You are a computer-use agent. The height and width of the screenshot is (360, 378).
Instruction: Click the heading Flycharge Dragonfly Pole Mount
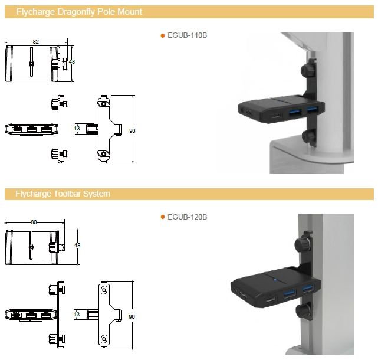[79, 12]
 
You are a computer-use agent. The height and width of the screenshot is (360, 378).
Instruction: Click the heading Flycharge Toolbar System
[63, 194]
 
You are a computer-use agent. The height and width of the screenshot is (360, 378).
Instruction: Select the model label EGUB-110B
[187, 35]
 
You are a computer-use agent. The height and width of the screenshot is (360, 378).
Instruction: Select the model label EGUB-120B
[187, 217]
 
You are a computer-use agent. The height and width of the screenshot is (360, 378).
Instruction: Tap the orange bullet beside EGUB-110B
[163, 36]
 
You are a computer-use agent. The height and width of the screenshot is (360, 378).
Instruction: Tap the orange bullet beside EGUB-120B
[163, 217]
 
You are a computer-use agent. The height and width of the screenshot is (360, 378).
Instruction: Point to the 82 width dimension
[36, 42]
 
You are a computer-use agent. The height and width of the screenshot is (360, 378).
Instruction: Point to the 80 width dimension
[34, 222]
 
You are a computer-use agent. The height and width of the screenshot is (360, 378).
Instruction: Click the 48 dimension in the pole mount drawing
[72, 62]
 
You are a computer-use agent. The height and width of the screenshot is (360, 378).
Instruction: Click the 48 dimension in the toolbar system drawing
[77, 245]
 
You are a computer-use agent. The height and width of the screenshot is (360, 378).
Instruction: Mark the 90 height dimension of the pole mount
[132, 131]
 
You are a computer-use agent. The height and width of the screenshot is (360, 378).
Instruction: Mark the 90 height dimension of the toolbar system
[132, 316]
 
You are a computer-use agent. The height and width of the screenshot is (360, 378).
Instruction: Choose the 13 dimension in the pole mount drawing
[77, 129]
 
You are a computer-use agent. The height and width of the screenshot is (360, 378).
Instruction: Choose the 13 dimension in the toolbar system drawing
[77, 315]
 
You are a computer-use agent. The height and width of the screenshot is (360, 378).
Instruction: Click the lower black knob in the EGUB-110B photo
[309, 136]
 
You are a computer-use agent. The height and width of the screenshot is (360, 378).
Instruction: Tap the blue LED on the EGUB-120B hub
[275, 280]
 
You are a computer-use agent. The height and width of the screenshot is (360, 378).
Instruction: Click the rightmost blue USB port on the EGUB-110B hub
[313, 109]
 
